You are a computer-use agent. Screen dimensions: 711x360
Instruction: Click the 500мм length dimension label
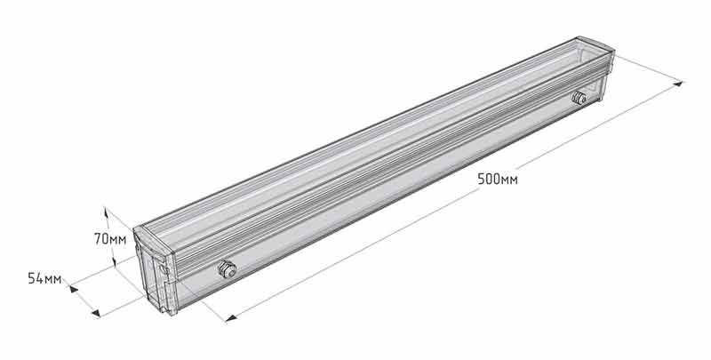pos(498,179)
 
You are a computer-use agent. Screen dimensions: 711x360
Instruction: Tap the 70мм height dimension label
pos(110,239)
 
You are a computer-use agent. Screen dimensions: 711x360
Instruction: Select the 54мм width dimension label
pos(44,278)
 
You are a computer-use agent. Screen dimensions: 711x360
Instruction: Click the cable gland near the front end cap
pos(227,269)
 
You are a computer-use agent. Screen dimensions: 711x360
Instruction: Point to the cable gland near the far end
pos(579,98)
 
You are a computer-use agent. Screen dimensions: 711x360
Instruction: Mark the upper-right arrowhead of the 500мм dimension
pos(678,84)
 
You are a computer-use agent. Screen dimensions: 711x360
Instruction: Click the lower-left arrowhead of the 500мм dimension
pos(231,318)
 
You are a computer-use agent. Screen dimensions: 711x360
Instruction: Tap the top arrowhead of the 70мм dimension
pos(106,212)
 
